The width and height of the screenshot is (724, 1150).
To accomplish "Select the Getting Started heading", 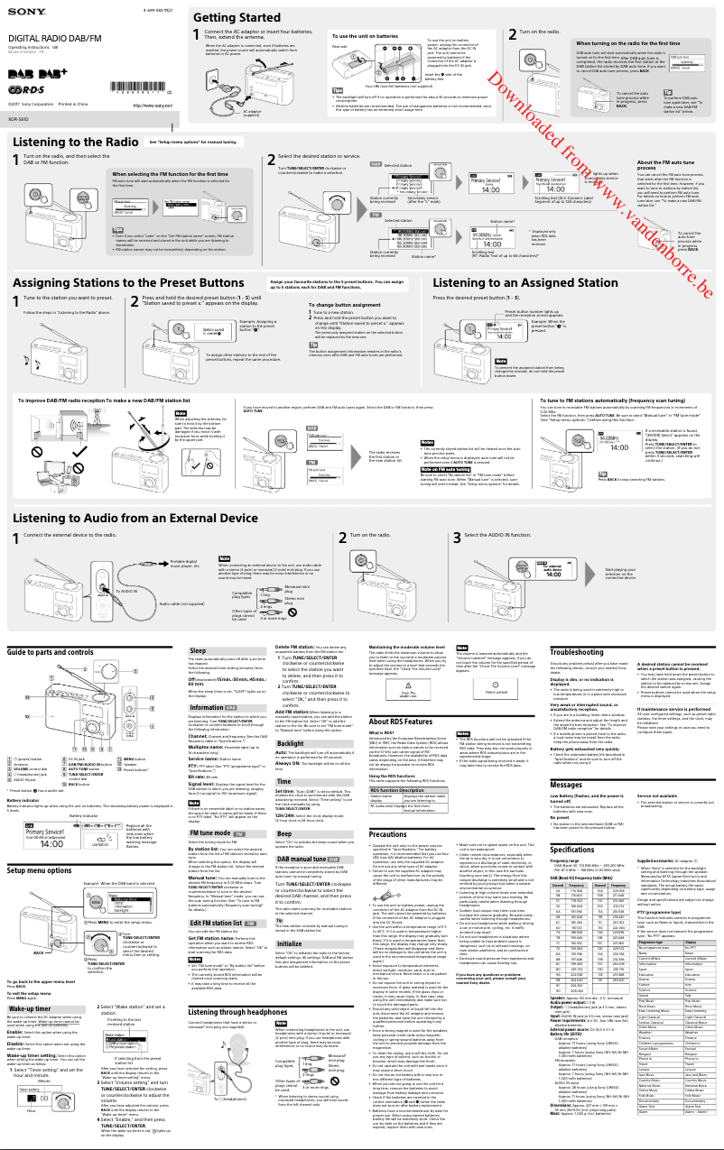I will tap(237, 17).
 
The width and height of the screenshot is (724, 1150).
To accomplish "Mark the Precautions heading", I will tap(387, 810).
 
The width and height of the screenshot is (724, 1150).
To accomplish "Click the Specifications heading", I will tap(571, 850).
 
